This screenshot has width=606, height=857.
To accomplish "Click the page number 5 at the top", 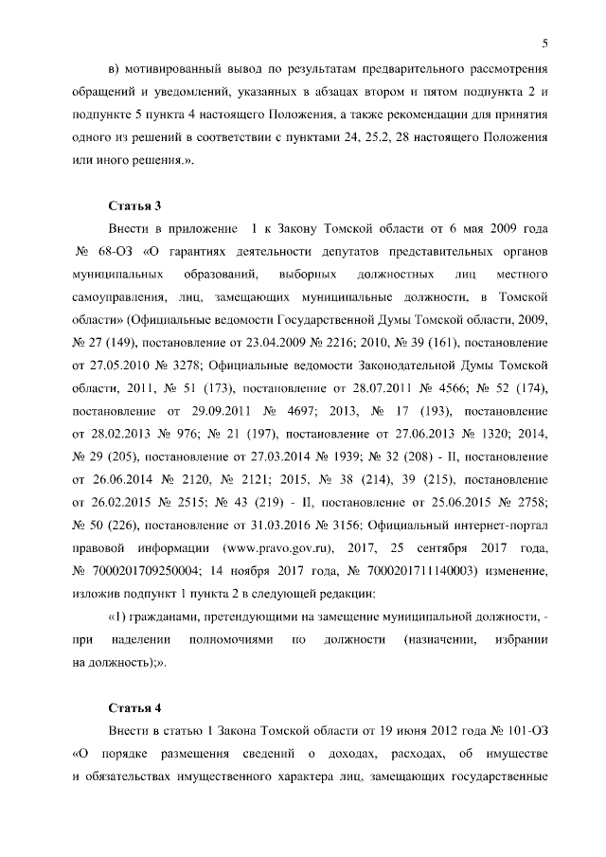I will (x=545, y=42).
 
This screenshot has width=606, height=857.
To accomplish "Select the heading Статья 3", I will (x=137, y=205).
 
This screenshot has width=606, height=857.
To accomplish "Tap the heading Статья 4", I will (x=137, y=707).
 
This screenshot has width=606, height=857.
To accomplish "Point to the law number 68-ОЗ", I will (x=116, y=253).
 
